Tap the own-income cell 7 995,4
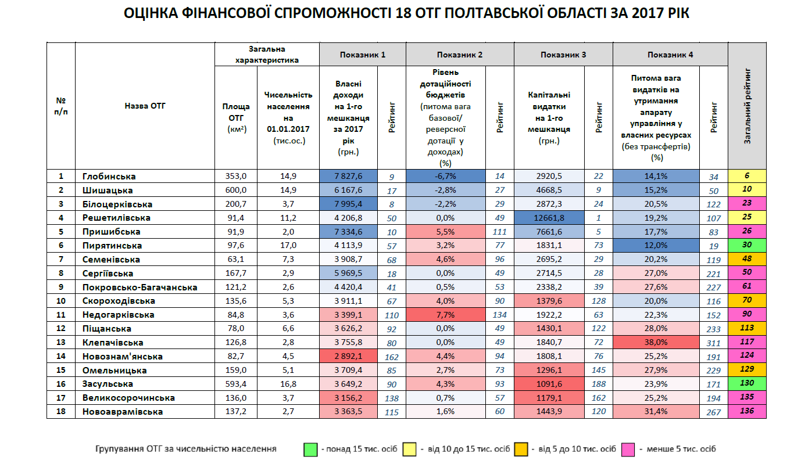pyautogui.click(x=348, y=204)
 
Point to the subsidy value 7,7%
pyautogui.click(x=446, y=315)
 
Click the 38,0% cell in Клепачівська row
pyautogui.click(x=656, y=343)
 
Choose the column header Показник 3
pyautogui.click(x=563, y=55)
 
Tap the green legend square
pyautogui.click(x=309, y=449)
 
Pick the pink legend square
pyautogui.click(x=627, y=449)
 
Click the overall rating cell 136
pyautogui.click(x=747, y=411)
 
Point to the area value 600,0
pyautogui.click(x=235, y=190)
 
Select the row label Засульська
pyautogui.click(x=108, y=384)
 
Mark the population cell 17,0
pyautogui.click(x=288, y=246)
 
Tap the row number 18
pyautogui.click(x=60, y=411)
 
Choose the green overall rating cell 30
pyautogui.click(x=747, y=246)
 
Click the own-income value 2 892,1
pyautogui.click(x=348, y=356)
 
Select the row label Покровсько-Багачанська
pyautogui.click(x=139, y=287)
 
